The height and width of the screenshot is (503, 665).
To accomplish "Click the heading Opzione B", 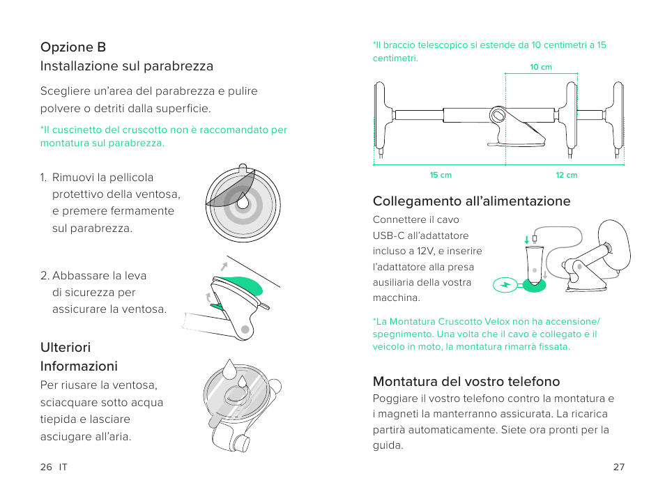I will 73,47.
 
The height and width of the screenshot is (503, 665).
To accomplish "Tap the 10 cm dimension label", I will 540,68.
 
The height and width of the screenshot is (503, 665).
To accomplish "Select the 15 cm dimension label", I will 441,175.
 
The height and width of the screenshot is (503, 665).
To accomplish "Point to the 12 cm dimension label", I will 566,175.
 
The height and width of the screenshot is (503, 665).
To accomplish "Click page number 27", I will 618,467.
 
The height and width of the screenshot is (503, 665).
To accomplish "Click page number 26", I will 46,467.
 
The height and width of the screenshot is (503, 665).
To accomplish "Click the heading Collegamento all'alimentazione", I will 471,201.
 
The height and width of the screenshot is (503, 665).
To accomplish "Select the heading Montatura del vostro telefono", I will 466,381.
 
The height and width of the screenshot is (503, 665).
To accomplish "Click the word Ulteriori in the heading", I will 66,347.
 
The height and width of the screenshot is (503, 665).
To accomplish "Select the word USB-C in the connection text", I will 388,235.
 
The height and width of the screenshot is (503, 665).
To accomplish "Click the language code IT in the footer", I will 63,467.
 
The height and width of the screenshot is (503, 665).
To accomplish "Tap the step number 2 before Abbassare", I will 44,275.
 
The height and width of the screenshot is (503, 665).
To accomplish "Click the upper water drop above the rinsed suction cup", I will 230,367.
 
